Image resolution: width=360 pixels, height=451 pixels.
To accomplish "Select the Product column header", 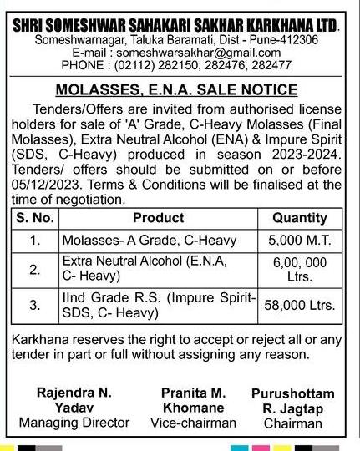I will (x=158, y=218).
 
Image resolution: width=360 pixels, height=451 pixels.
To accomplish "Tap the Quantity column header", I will (x=300, y=218).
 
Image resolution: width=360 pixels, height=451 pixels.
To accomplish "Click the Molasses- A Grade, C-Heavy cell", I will (x=150, y=241).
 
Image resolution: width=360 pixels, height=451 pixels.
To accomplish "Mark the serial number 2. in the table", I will (x=34, y=269).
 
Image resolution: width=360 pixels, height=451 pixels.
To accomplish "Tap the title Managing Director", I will (x=74, y=423).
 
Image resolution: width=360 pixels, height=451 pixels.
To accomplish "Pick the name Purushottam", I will (x=292, y=393).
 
